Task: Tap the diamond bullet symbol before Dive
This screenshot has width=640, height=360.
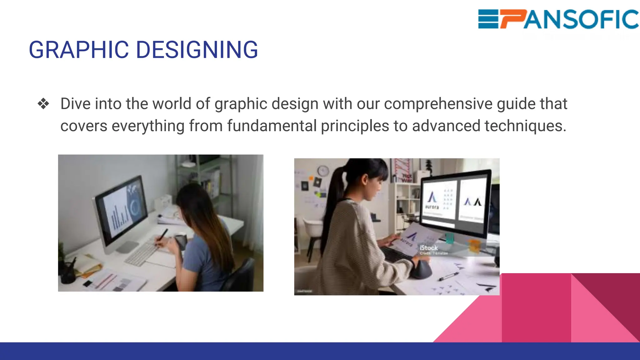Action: coord(43,104)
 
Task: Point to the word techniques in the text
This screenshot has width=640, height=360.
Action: coord(525,126)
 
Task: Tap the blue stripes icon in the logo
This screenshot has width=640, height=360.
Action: coord(488,19)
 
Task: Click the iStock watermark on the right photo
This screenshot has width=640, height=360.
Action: coord(428,248)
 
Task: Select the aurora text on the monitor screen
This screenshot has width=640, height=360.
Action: coord(432,207)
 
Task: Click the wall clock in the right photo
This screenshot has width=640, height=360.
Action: coord(323,171)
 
